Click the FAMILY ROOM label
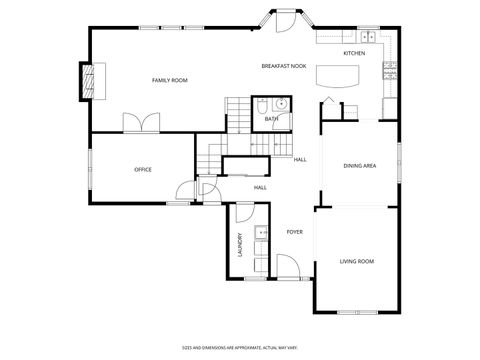[x=169, y=80]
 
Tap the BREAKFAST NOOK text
[x=283, y=66]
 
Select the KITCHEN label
[x=354, y=53]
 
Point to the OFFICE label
[x=143, y=170]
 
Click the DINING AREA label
[x=359, y=166]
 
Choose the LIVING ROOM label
[x=356, y=261]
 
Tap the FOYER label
[x=294, y=232]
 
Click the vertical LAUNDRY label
[x=241, y=246]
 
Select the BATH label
[x=271, y=120]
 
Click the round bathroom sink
[x=281, y=103]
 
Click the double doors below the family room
[x=140, y=122]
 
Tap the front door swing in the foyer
[x=286, y=266]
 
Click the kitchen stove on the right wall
[x=391, y=71]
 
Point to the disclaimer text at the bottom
[x=240, y=346]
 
